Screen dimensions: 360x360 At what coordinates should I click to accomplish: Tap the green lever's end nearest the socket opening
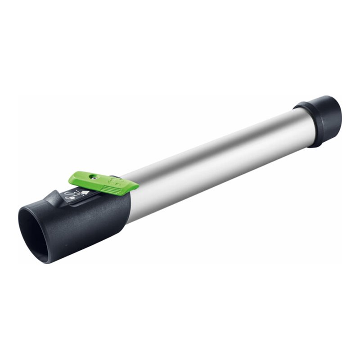(x=72, y=180)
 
